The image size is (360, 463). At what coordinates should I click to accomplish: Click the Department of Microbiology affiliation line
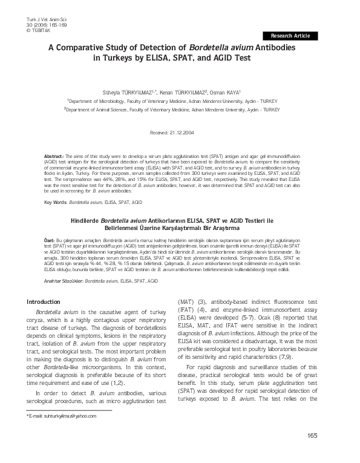pos(181,102)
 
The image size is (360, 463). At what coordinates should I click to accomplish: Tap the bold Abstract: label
pos(54,156)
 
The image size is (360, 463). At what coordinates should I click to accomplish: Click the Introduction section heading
pos(48,301)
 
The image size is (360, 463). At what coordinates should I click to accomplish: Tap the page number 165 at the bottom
pos(312,436)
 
